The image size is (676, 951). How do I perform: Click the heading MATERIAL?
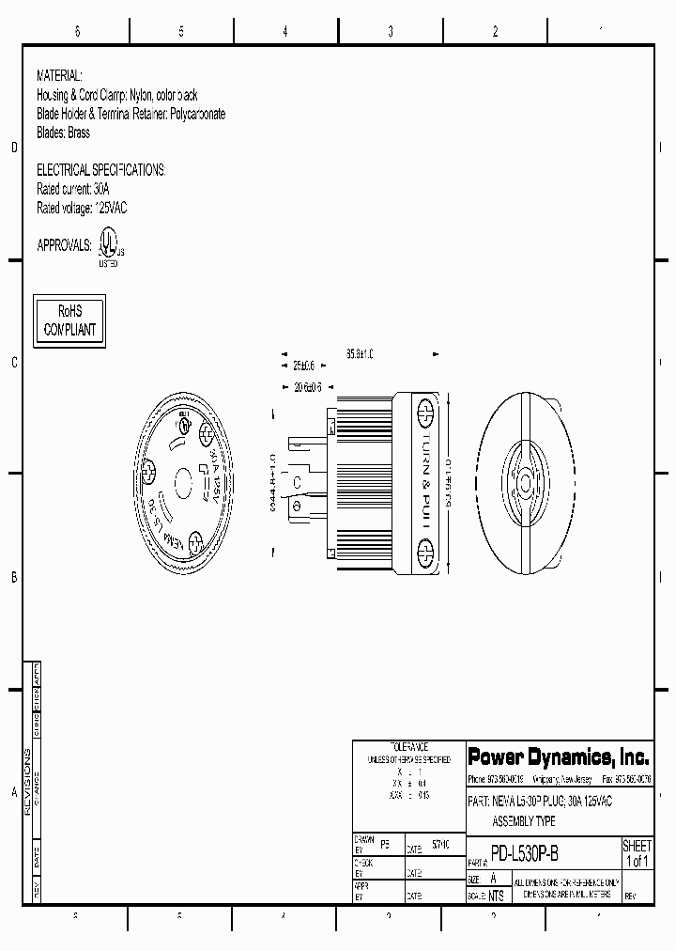pos(59,74)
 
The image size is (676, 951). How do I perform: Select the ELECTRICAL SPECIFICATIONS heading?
pos(100,170)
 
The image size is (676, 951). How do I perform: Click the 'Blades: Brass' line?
pos(63,133)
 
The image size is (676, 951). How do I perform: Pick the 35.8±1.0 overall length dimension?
pos(360,354)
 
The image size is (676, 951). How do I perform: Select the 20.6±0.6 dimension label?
pos(307,386)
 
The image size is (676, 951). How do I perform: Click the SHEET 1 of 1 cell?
pos(637,853)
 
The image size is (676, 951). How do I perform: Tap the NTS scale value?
pos(496,896)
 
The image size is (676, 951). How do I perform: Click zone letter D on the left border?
pos(14,148)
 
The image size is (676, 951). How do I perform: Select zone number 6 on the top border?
pos(77,31)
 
